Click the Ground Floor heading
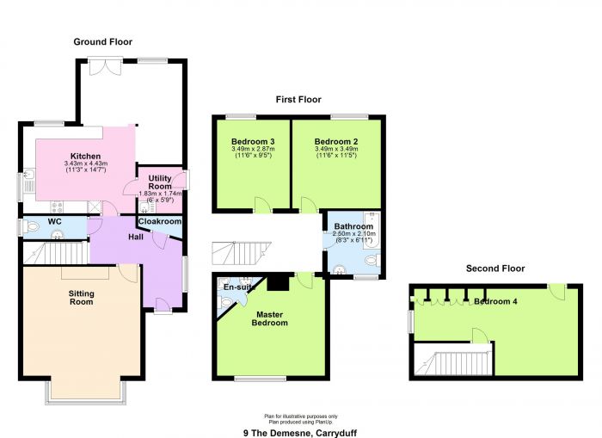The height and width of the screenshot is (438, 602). tap(103, 42)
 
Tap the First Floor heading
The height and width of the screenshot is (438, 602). tap(298, 100)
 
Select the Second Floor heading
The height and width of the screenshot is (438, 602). tap(495, 268)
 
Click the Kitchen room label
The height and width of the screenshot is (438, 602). tap(86, 156)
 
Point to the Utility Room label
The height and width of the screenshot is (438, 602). tap(160, 182)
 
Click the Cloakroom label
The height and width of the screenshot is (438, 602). tap(160, 221)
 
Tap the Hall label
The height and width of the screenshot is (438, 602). tap(136, 237)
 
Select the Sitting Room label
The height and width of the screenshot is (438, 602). tap(81, 298)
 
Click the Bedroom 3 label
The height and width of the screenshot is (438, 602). tap(253, 141)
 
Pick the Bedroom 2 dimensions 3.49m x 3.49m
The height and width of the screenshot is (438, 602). tap(336, 149)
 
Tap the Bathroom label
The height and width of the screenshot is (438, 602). tap(353, 226)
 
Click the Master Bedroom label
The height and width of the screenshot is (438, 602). tap(269, 319)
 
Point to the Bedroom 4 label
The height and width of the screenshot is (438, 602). tap(495, 301)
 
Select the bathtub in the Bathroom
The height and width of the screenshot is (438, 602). tap(372, 230)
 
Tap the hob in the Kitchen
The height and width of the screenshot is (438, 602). tap(57, 207)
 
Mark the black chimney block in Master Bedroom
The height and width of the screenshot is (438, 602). tap(279, 282)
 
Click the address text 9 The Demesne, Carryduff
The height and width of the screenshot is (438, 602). tap(300, 434)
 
